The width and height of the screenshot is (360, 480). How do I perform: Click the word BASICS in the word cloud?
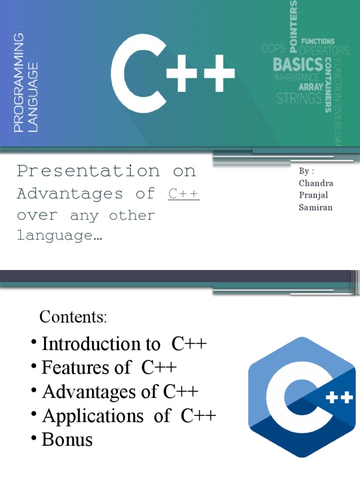(x=298, y=64)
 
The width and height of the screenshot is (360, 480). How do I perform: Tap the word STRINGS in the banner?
(x=299, y=98)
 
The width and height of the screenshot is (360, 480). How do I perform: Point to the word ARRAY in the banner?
(x=310, y=87)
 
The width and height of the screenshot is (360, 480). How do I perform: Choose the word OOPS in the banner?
(x=273, y=49)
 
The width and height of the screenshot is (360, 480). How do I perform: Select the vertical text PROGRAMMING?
(x=19, y=82)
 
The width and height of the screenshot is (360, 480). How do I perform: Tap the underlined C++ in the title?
(x=184, y=194)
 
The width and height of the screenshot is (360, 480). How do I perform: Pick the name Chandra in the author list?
(x=316, y=183)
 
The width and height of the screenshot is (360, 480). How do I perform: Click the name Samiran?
(x=315, y=207)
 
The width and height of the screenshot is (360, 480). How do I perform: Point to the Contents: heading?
(x=74, y=317)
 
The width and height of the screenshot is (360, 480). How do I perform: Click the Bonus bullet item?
(x=67, y=439)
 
